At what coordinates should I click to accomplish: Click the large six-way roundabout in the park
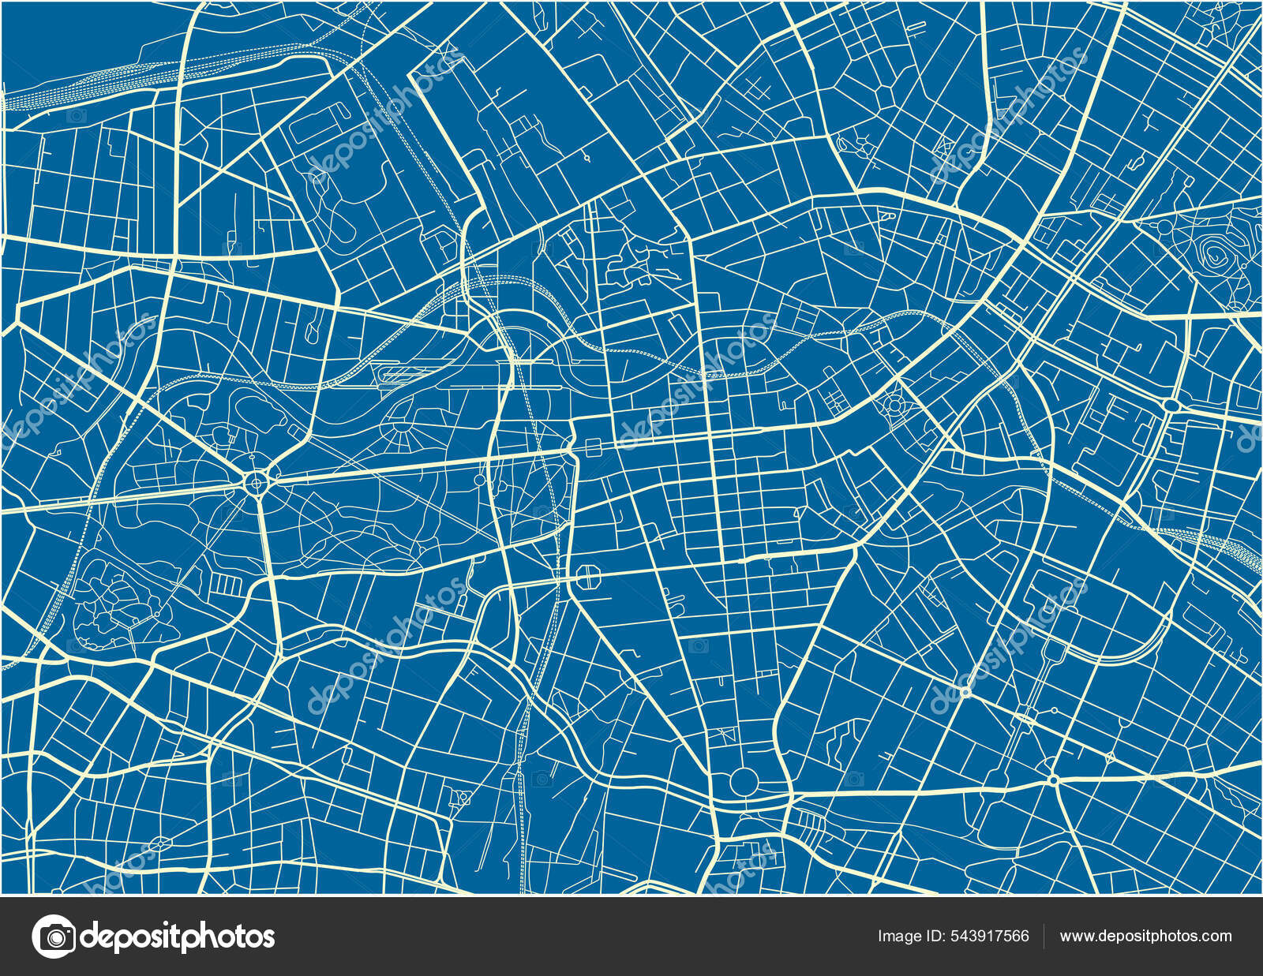pos(257,482)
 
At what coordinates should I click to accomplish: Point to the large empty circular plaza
pos(743,781)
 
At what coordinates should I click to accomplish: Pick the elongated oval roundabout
pos(1171,405)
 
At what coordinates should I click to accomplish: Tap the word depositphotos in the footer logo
pos(178,937)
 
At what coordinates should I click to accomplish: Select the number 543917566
pos(990,937)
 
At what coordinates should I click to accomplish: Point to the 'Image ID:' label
pos(909,937)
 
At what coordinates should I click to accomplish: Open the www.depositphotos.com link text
pos(1145,937)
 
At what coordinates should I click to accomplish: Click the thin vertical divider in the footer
pos(1044,937)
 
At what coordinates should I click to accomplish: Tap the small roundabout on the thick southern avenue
pos(1053,780)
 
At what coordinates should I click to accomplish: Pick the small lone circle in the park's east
pos(479,480)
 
